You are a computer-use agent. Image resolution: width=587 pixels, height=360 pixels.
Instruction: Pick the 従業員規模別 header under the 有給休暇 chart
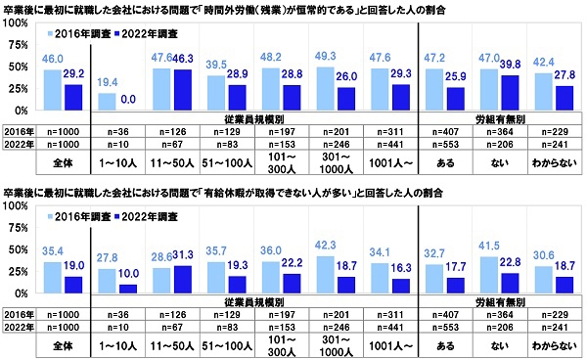251,304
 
